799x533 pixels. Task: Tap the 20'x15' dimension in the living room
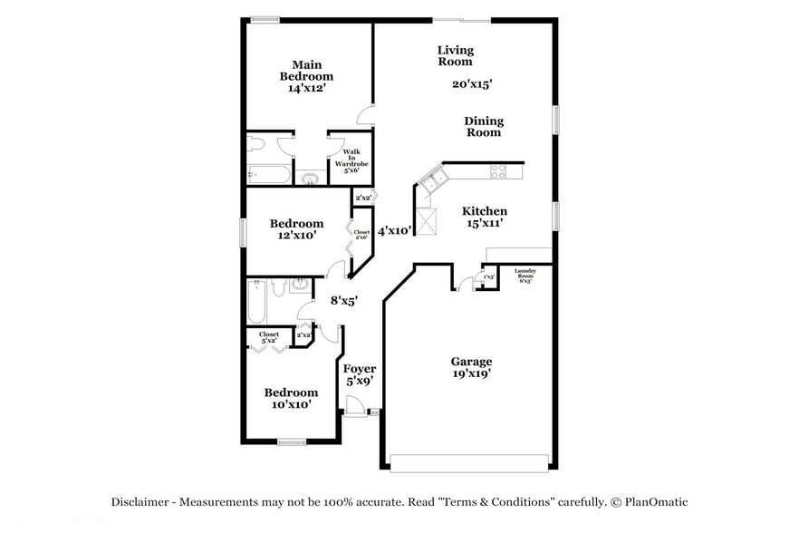[472, 84]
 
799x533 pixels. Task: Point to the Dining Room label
[484, 127]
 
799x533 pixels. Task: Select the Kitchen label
[485, 211]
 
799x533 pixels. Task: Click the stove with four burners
[498, 170]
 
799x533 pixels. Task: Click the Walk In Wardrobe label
[350, 160]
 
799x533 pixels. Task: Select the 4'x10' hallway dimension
[395, 231]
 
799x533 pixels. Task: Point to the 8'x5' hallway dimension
[343, 300]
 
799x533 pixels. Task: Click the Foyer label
[360, 370]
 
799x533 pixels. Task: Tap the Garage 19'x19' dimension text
[472, 373]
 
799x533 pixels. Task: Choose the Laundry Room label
[525, 276]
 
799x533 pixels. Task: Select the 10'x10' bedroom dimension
[291, 405]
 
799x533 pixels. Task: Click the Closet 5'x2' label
[269, 337]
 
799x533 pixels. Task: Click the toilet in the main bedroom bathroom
[257, 145]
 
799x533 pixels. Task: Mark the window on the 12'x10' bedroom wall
[242, 231]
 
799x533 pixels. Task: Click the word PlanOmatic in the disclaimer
[653, 501]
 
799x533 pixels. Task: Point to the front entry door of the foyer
[355, 412]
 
